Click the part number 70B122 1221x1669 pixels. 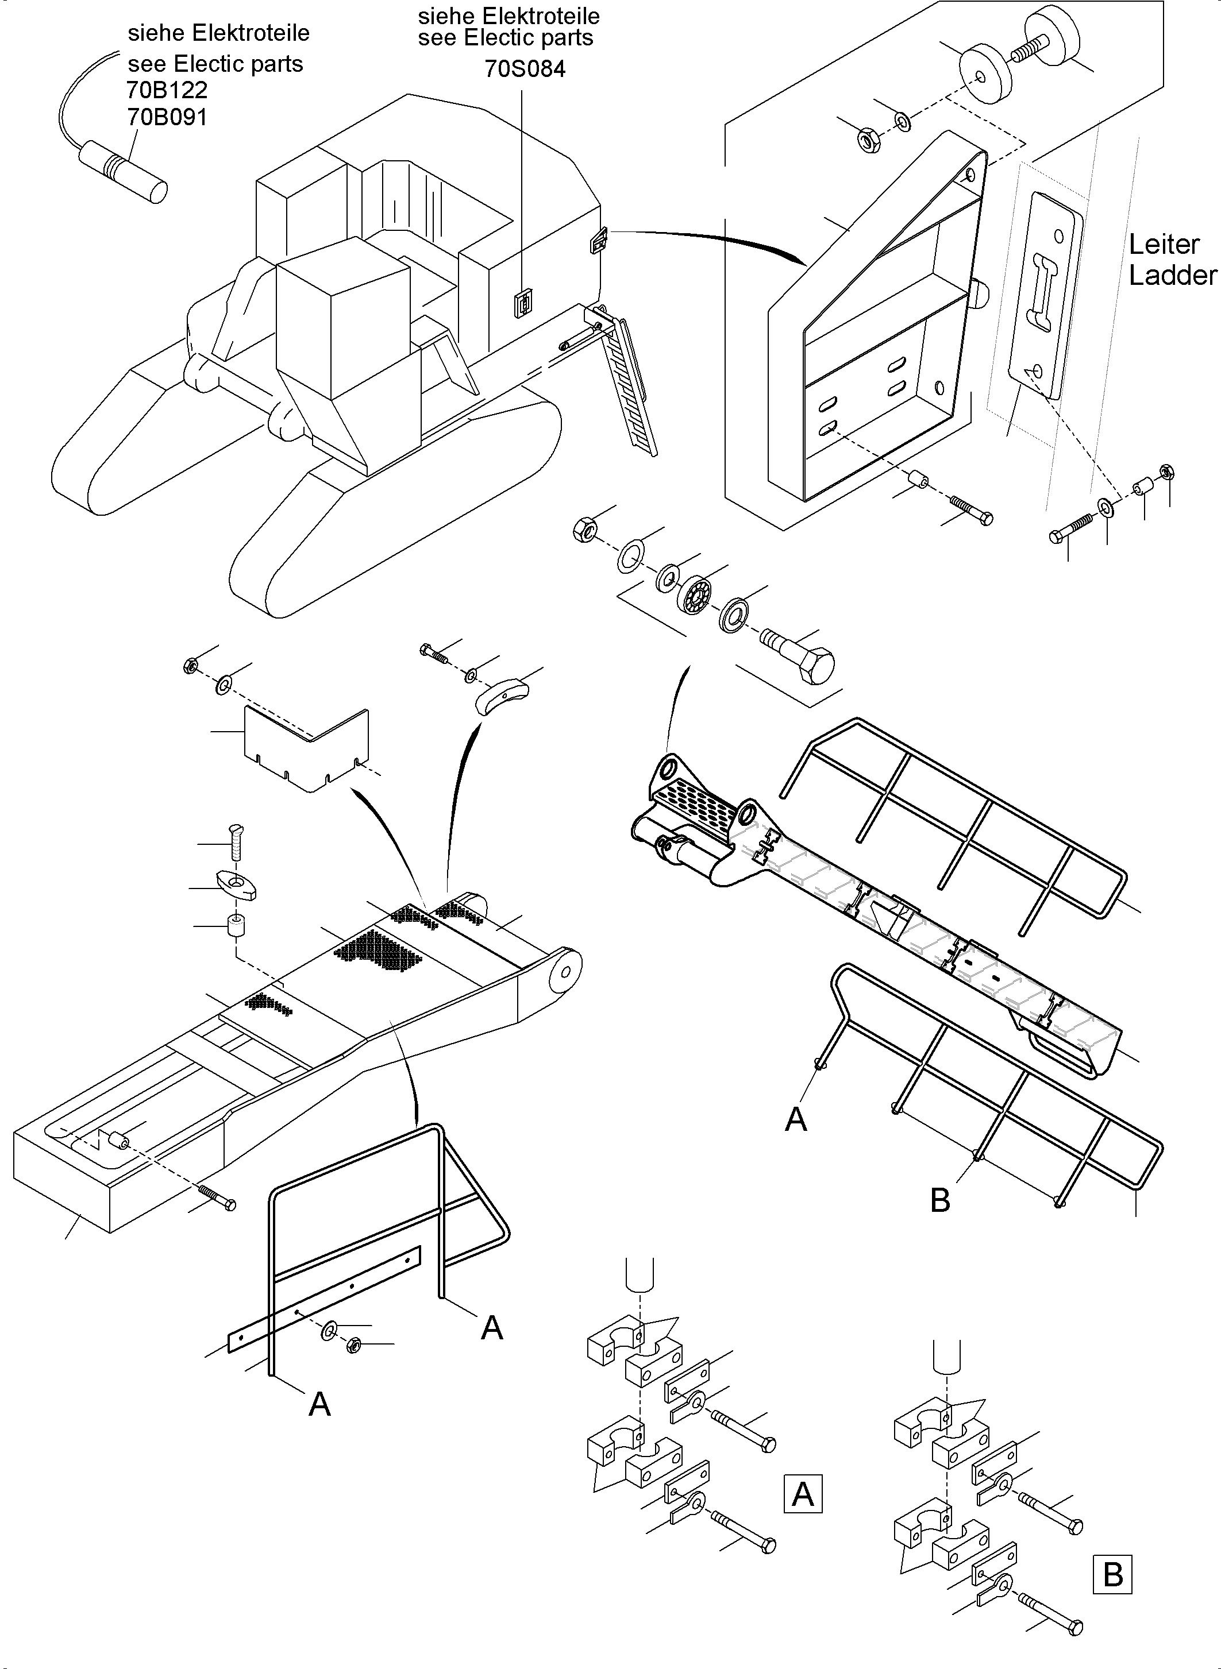167,90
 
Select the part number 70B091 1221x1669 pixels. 167,117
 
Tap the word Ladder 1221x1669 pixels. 1172,276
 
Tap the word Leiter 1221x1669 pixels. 1164,244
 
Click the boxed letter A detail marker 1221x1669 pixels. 802,1494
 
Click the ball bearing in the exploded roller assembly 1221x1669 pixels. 695,591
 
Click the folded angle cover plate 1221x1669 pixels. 307,746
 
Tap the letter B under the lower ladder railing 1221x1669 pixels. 940,1200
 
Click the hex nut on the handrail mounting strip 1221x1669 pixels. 353,1345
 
